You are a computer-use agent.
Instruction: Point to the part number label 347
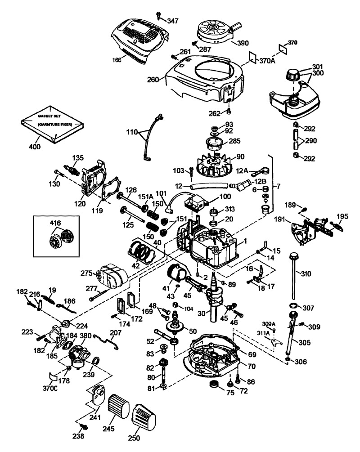click(x=173, y=21)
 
